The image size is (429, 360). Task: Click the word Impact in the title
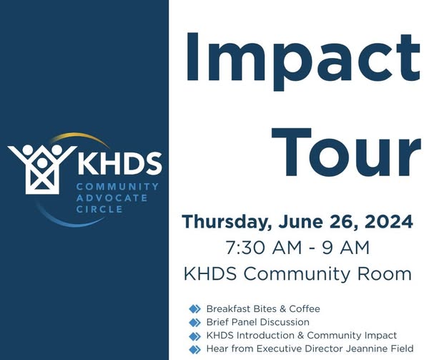click(x=303, y=58)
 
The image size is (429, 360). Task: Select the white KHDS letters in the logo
click(x=119, y=163)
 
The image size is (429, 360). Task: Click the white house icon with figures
click(x=42, y=169)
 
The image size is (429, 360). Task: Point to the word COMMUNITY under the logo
click(x=118, y=187)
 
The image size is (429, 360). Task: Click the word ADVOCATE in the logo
click(x=112, y=198)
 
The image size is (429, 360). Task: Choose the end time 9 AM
click(x=345, y=248)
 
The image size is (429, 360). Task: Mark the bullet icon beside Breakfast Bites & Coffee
click(x=194, y=309)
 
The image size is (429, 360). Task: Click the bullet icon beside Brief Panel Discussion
click(x=194, y=323)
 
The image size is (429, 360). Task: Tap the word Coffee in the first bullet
click(x=305, y=308)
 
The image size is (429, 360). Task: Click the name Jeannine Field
click(x=380, y=349)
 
